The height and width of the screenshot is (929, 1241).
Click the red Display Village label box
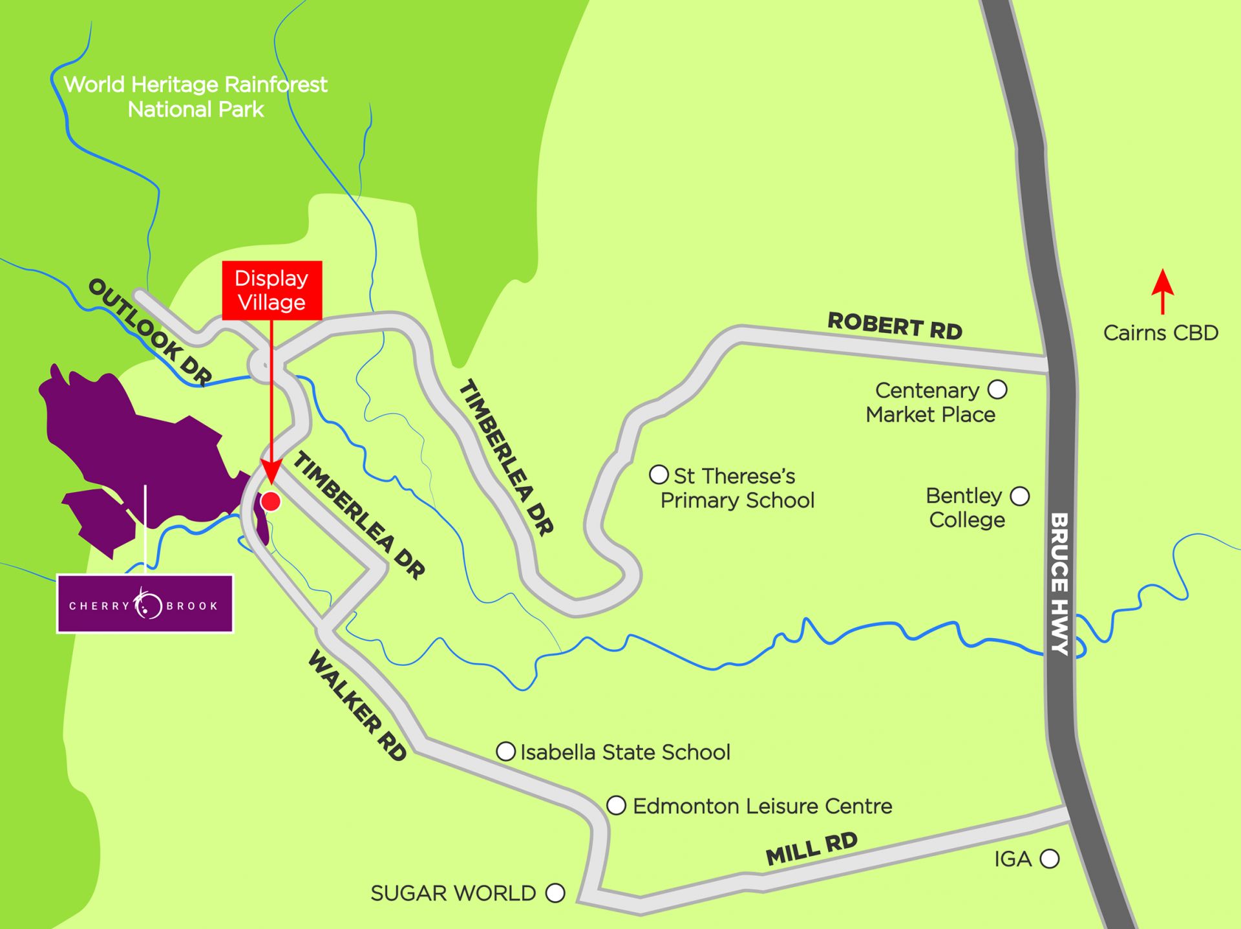point(271,290)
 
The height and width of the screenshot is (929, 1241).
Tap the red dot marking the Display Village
point(271,501)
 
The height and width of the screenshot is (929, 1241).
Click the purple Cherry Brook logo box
point(145,604)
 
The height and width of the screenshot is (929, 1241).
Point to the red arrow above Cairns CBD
point(1162,291)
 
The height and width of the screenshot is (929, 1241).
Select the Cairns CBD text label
point(1160,333)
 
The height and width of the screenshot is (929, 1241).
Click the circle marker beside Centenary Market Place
point(997,389)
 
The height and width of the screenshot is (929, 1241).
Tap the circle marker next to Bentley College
point(1019,497)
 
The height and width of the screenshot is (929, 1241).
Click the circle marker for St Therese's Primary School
point(658,475)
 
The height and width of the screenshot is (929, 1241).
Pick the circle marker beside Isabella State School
point(505,751)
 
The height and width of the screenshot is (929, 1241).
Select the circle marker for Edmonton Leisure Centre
point(616,806)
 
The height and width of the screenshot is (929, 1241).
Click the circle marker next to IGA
point(1049,859)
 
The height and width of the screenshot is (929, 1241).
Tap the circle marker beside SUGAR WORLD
point(555,893)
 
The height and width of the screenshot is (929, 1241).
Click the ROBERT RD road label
point(895,326)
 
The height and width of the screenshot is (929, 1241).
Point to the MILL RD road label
point(811,849)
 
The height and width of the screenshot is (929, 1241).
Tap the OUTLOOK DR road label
point(150,332)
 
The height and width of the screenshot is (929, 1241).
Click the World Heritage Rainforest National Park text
point(196,97)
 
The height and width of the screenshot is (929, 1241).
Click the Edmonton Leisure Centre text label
point(762,806)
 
